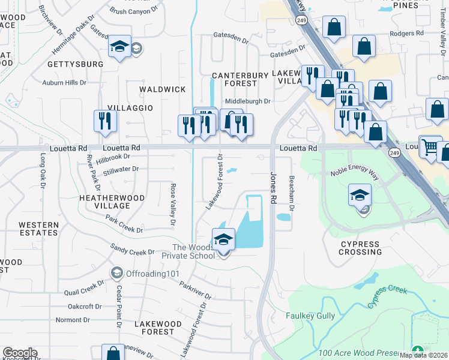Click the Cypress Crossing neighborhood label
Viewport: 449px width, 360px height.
coord(360,248)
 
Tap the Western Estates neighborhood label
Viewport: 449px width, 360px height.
coord(38,229)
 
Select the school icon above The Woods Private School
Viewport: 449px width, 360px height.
coord(223,239)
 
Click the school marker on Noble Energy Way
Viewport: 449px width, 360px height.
coord(360,196)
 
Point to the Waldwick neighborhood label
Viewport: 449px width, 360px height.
coord(162,89)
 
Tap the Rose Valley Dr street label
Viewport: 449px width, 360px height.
coord(173,205)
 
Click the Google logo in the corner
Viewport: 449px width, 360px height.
coord(20,353)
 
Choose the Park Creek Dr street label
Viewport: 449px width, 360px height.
coord(124,225)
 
